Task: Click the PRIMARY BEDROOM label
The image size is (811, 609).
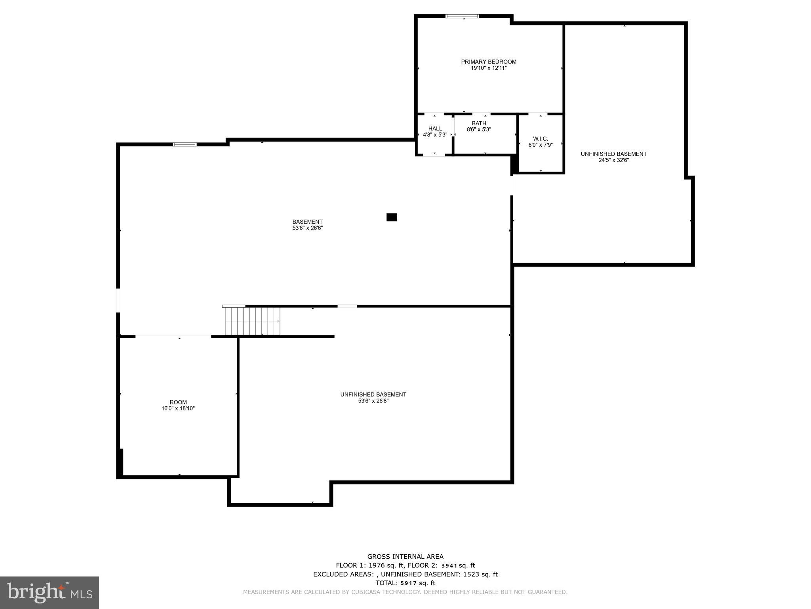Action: coord(488,62)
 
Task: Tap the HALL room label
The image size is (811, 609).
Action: coord(435,128)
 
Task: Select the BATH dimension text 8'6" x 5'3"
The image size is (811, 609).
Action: coord(479,129)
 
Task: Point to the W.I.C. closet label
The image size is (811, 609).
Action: coord(540,139)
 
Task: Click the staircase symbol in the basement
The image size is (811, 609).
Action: coord(253,321)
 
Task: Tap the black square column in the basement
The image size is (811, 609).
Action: coord(391,217)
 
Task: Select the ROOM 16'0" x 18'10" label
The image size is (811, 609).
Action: coord(178,405)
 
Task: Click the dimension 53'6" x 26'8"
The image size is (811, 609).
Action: coord(373,401)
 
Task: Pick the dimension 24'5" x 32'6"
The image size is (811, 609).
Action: coord(613,160)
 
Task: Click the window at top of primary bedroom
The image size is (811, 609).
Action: coord(462,16)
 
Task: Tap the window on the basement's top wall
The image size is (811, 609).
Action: coord(185,144)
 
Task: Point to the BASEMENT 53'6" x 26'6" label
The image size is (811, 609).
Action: coord(307,225)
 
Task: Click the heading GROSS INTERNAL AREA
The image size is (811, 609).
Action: coord(405,557)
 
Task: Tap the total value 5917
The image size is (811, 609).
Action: coord(409,583)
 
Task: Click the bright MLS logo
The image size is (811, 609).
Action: coord(49,592)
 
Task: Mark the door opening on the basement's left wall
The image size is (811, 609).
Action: coord(118,300)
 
